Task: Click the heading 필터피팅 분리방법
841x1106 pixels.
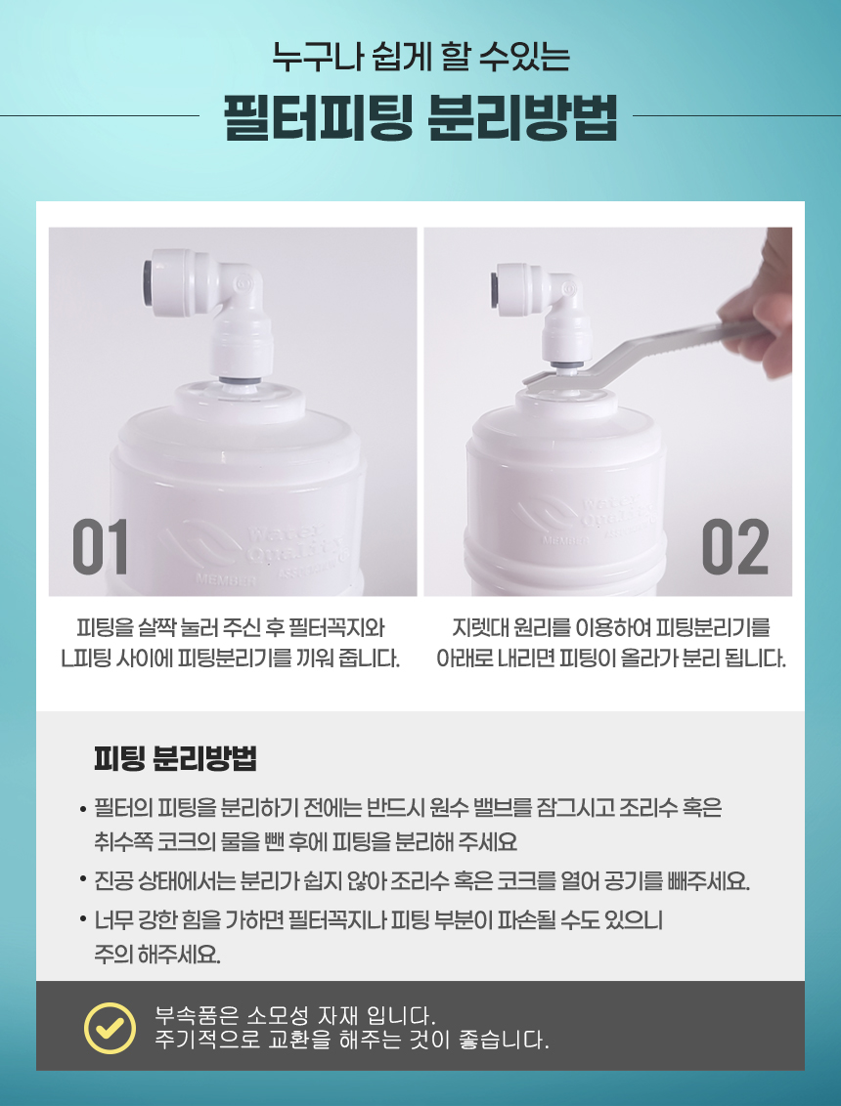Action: [x=420, y=118]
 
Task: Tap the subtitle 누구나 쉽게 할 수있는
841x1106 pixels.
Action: [x=420, y=57]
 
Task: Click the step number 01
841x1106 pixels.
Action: [x=101, y=547]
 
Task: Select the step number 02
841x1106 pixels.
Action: [x=735, y=547]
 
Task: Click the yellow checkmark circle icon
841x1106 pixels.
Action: [x=110, y=1028]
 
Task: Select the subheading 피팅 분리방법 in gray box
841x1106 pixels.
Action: [x=175, y=758]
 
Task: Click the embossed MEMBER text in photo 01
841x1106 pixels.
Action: [x=226, y=580]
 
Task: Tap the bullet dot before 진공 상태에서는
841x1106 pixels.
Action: [x=83, y=880]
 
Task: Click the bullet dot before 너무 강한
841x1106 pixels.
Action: [x=83, y=919]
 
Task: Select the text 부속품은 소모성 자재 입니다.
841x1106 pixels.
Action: [x=294, y=1016]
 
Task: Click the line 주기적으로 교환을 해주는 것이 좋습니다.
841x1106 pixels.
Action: [x=352, y=1040]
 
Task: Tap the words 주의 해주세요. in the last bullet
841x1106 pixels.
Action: [x=157, y=956]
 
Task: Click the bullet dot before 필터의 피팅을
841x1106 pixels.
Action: [x=83, y=808]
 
